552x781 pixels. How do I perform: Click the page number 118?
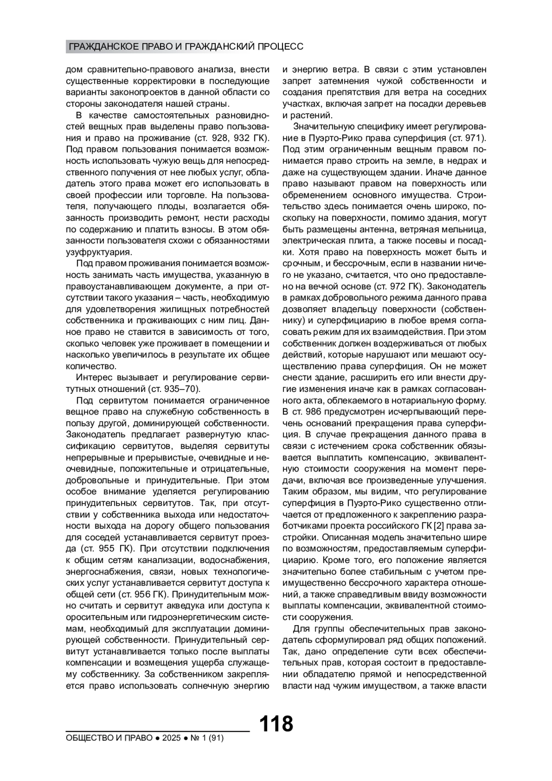[276, 724]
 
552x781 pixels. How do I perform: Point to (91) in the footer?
[215, 738]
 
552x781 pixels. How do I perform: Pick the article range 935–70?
[184, 389]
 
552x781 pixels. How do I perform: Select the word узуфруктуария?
[99, 252]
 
